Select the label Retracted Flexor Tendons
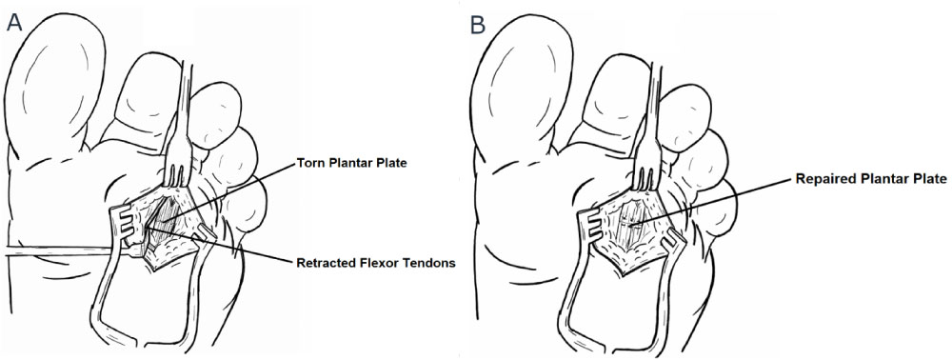point(376,264)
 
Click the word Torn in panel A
point(308,163)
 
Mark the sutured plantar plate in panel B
point(631,226)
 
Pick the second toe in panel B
point(610,97)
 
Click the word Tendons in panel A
point(433,264)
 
